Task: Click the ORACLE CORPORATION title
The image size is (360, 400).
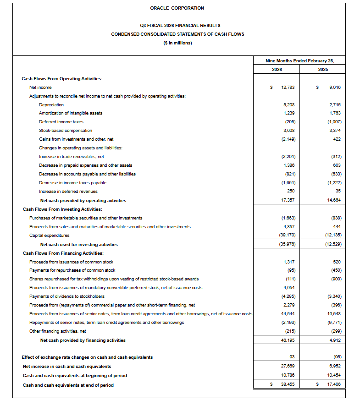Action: [177, 8]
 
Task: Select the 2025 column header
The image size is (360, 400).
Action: [323, 70]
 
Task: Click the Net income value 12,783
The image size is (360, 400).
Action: [288, 87]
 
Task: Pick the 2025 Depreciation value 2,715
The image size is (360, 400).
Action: [334, 104]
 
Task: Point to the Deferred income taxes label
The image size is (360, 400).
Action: [61, 122]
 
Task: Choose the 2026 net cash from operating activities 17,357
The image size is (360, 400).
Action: [288, 200]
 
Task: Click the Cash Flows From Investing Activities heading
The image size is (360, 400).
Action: [62, 209]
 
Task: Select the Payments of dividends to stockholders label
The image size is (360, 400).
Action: [67, 296]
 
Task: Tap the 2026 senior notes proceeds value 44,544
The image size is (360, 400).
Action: [288, 313]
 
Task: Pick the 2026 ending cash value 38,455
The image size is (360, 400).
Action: [288, 385]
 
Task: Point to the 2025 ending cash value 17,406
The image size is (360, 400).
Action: [334, 385]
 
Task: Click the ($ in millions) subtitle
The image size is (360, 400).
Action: [177, 43]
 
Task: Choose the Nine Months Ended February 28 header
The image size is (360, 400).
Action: [300, 60]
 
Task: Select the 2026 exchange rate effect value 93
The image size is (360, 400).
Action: [292, 357]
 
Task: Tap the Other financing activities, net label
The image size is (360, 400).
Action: [57, 331]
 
